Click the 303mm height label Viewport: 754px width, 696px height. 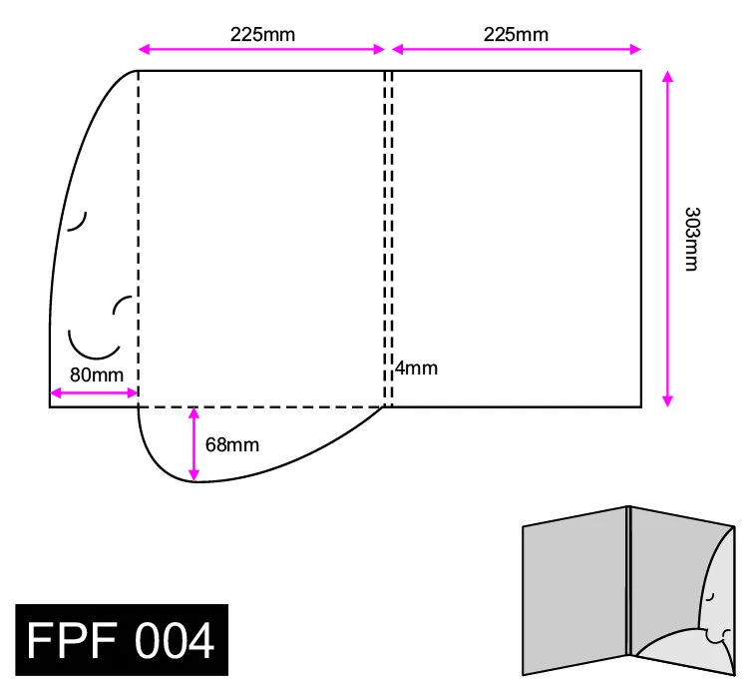(x=692, y=240)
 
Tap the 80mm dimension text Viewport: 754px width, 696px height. (x=97, y=374)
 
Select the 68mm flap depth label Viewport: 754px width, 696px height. (x=232, y=444)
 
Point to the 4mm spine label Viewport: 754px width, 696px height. (x=417, y=368)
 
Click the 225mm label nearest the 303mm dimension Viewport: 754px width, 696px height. (x=516, y=35)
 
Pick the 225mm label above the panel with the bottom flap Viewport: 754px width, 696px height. (x=262, y=35)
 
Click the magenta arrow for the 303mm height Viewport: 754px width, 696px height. (x=667, y=239)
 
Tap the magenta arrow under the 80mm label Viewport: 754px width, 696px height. (x=94, y=393)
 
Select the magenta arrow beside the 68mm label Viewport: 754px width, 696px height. (x=193, y=444)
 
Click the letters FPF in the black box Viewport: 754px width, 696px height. (x=72, y=640)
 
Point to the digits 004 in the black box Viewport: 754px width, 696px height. (x=175, y=640)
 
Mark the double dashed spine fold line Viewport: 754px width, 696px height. (x=389, y=239)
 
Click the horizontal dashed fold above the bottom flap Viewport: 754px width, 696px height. (x=261, y=407)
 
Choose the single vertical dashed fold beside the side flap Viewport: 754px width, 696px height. (x=139, y=239)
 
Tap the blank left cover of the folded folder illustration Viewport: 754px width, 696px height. (x=574, y=591)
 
